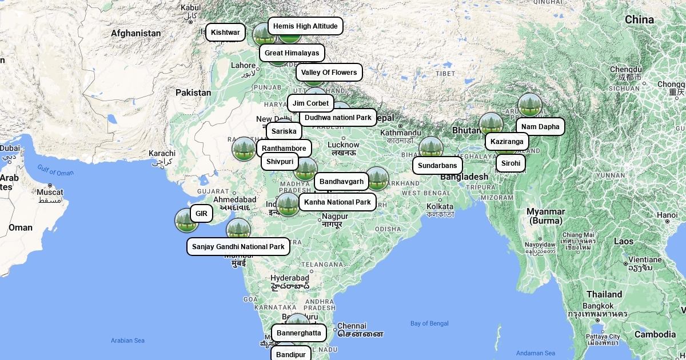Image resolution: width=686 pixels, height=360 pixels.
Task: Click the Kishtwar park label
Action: [225, 33]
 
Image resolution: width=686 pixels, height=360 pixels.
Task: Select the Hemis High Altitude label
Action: [305, 26]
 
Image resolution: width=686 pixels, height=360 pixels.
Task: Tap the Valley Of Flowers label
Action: [329, 73]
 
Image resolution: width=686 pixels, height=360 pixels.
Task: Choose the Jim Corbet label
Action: [310, 103]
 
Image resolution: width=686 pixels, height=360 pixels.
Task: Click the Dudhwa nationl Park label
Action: [338, 118]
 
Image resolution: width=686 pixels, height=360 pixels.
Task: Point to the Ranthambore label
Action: [284, 149]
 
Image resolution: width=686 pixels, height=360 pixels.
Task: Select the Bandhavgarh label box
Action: [341, 182]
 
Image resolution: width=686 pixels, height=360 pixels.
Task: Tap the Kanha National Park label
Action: [337, 202]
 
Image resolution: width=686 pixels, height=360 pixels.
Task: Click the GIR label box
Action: [201, 214]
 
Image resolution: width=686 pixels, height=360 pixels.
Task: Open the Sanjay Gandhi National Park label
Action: [238, 247]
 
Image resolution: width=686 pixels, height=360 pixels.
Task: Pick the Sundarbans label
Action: [437, 166]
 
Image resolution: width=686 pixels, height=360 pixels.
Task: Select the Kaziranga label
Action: [506, 142]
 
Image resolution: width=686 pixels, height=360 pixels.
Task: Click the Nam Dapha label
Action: [540, 127]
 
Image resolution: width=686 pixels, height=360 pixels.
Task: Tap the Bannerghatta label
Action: [298, 333]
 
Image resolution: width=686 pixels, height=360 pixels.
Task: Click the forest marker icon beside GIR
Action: [186, 221]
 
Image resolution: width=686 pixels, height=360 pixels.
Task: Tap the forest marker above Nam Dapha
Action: [530, 105]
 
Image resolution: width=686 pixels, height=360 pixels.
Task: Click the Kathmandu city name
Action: [401, 133]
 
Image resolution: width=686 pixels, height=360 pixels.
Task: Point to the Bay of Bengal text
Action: [429, 323]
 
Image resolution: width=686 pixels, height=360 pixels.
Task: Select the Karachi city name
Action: [162, 153]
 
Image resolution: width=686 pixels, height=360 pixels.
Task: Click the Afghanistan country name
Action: [136, 33]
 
